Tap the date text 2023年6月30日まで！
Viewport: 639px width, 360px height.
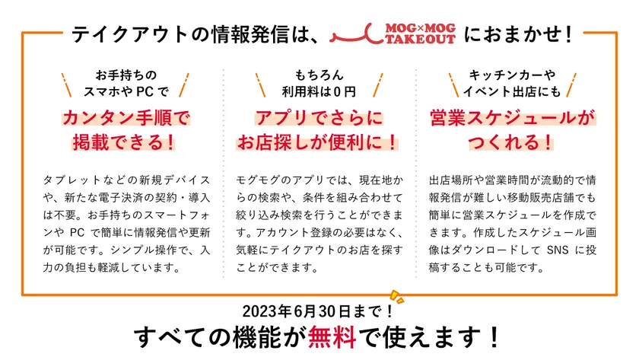click(x=319, y=311)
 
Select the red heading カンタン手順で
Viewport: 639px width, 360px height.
click(x=126, y=119)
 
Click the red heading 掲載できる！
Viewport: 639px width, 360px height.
click(x=126, y=142)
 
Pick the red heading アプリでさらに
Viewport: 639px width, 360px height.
click(x=319, y=119)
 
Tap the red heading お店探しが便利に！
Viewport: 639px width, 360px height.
click(x=319, y=142)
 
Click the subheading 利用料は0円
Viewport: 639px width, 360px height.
click(x=319, y=92)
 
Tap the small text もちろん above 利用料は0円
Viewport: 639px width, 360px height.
click(x=319, y=75)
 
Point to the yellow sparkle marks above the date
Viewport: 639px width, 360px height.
click(x=394, y=295)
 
